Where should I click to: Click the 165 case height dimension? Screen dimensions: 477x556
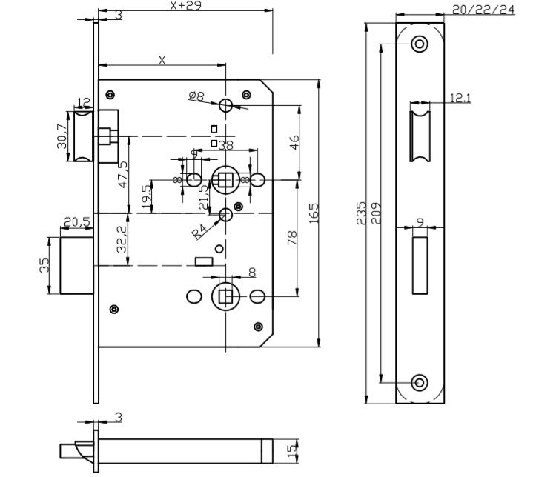coord(314,213)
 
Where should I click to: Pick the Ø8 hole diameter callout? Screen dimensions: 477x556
coord(196,96)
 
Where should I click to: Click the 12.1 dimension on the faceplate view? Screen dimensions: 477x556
coord(459,98)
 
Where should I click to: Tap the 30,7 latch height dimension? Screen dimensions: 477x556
coord(62,136)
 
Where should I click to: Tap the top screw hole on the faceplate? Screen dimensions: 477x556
coord(420,44)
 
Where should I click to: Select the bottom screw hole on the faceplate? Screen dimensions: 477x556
coord(420,382)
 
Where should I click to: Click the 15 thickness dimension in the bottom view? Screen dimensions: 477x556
coord(292,449)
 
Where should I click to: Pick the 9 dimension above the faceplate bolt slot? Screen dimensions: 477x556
coord(420,220)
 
